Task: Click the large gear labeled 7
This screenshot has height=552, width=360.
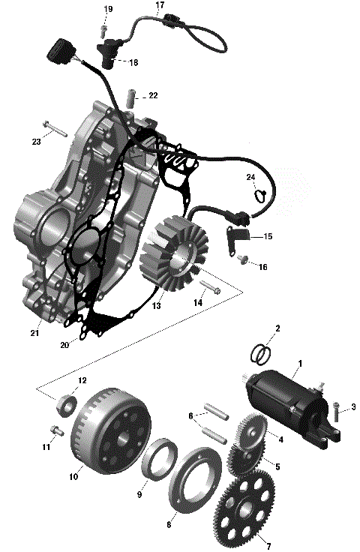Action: tap(247, 509)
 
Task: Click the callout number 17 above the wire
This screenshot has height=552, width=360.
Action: tap(160, 5)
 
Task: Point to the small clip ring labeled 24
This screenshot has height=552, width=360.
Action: tap(259, 196)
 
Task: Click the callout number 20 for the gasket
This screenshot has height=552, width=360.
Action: tap(64, 345)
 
